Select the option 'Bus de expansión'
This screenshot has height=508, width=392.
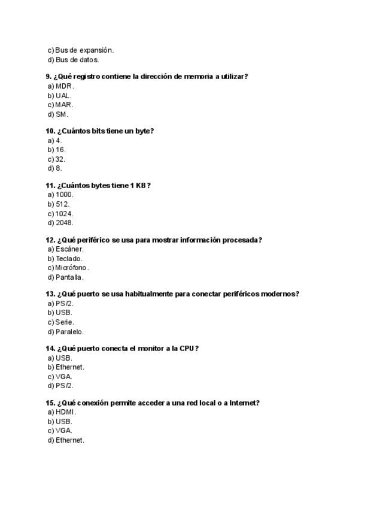(x=84, y=50)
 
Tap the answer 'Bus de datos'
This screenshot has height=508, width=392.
(x=77, y=60)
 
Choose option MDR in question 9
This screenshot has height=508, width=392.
(x=64, y=86)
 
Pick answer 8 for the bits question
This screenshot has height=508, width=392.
(x=59, y=168)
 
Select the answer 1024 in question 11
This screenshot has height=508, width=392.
(x=65, y=214)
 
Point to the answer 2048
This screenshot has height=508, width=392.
(x=65, y=223)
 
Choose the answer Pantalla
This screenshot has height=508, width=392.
(x=69, y=277)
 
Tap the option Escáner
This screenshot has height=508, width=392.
(x=69, y=249)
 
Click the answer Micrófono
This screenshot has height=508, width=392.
(x=72, y=268)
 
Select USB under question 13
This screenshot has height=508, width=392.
(x=64, y=313)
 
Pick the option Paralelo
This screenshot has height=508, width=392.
(x=69, y=332)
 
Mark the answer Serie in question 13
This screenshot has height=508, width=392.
(x=65, y=322)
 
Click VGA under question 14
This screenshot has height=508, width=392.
(x=63, y=377)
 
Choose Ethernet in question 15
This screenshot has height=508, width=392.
(x=70, y=440)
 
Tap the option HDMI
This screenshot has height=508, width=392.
(x=66, y=412)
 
